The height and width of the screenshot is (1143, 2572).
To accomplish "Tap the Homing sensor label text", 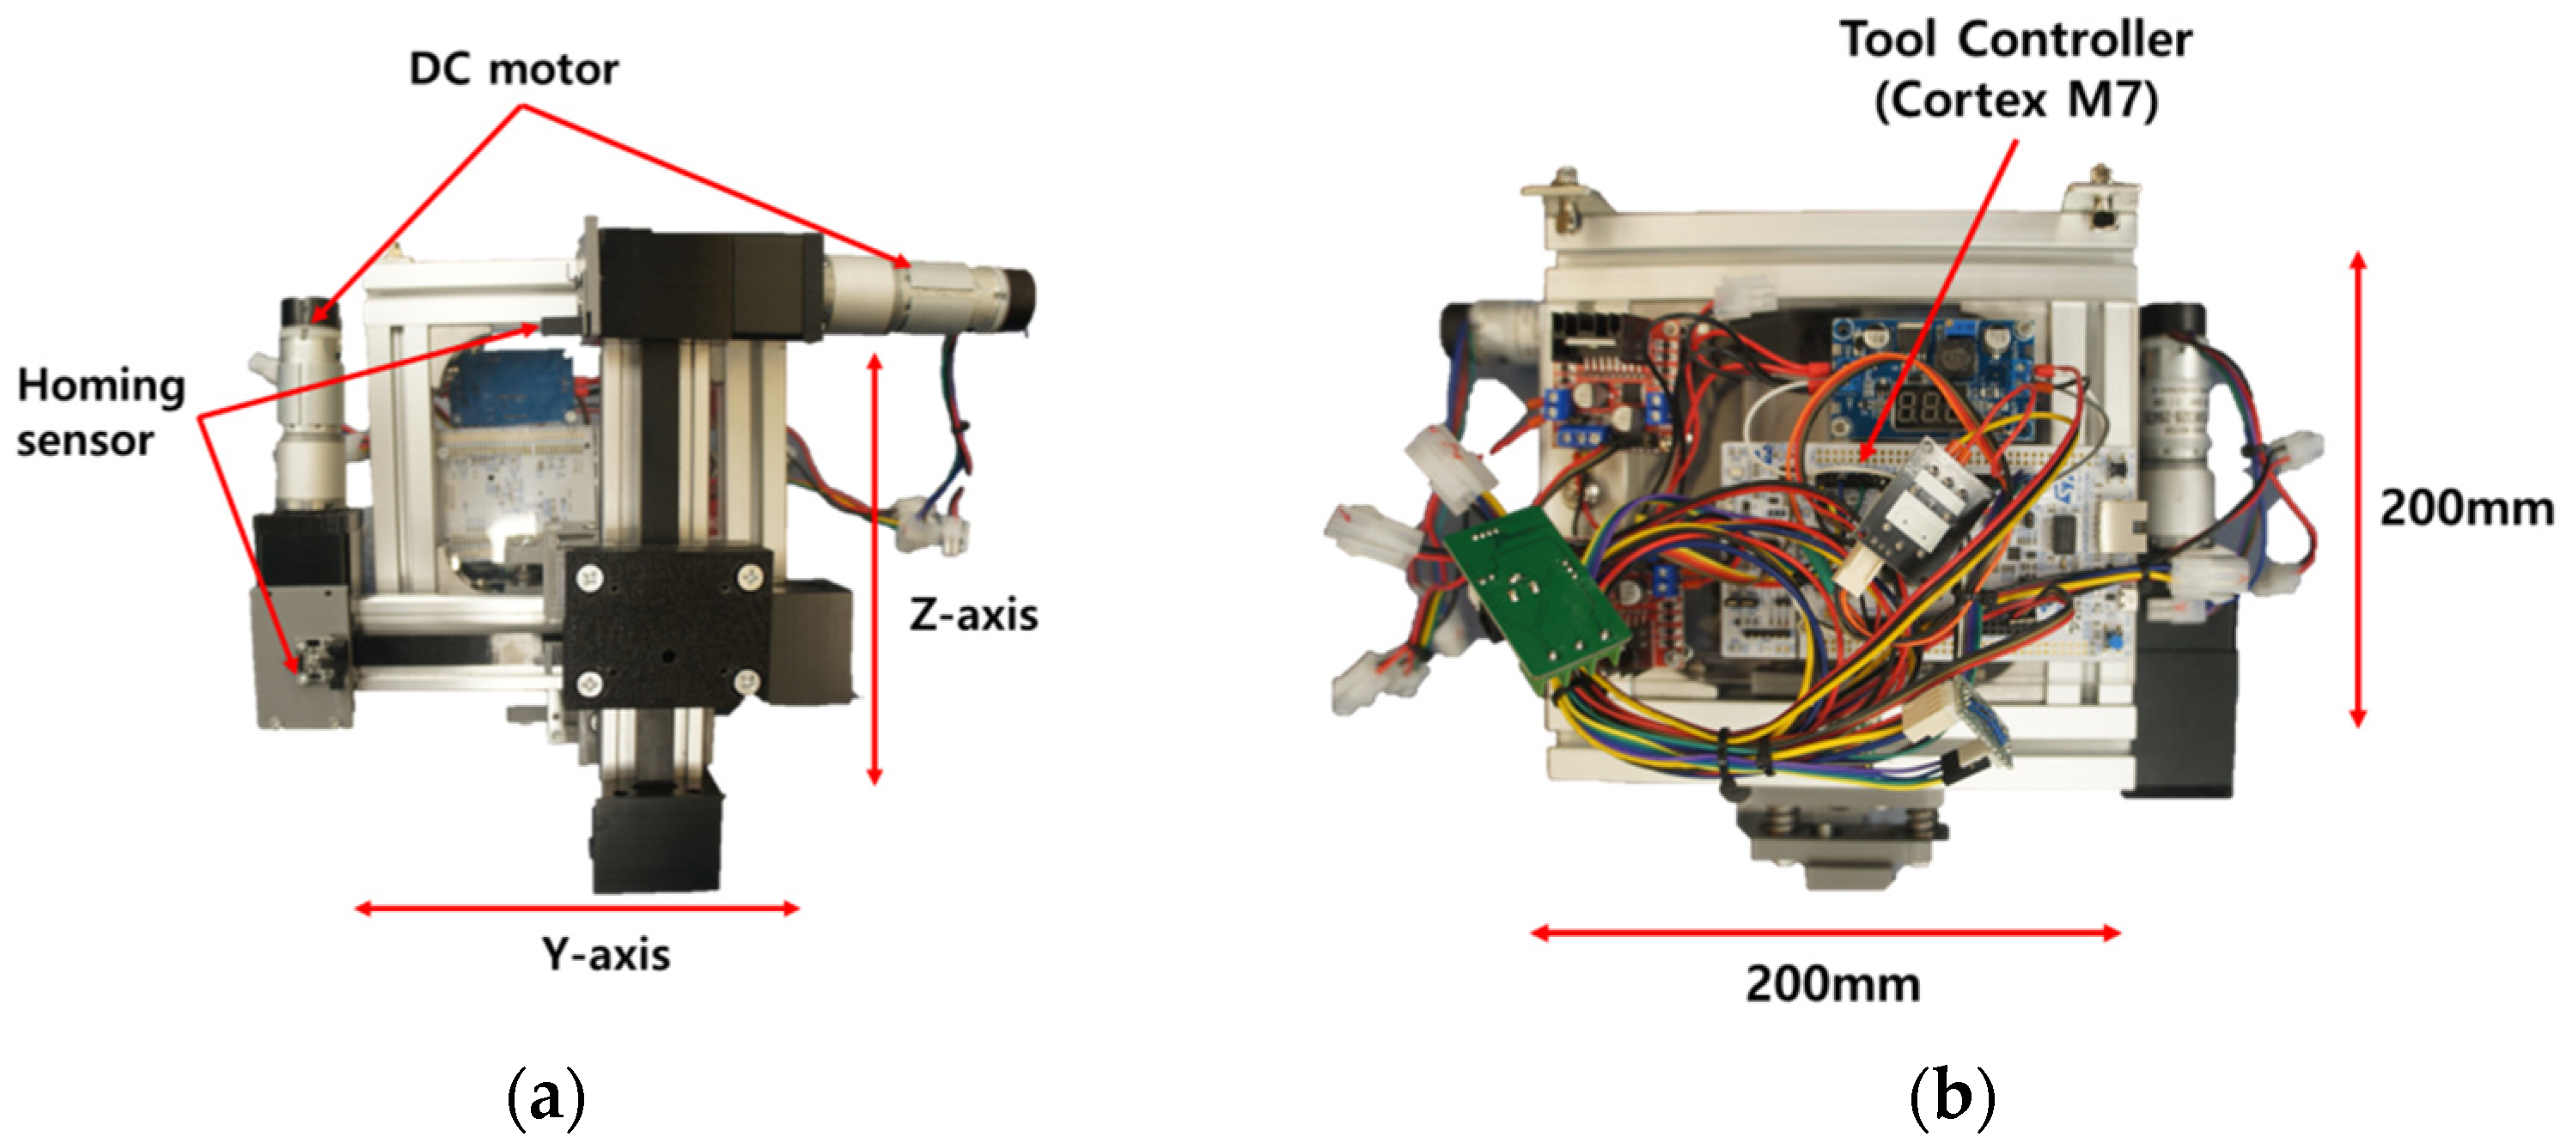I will (x=100, y=413).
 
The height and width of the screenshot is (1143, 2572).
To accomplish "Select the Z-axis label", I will (x=972, y=615).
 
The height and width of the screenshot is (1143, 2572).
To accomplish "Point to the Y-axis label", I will (x=606, y=955).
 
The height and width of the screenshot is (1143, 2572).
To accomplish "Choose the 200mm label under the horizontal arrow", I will (x=1832, y=985).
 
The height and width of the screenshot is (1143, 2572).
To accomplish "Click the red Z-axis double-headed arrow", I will (x=875, y=569).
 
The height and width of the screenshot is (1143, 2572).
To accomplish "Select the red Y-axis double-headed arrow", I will (x=577, y=909).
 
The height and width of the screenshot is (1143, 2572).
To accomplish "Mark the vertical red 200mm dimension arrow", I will (x=2358, y=489).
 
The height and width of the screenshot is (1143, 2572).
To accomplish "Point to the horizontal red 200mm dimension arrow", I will (x=1825, y=933).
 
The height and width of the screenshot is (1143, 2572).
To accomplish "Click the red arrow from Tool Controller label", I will (x=1937, y=300).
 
